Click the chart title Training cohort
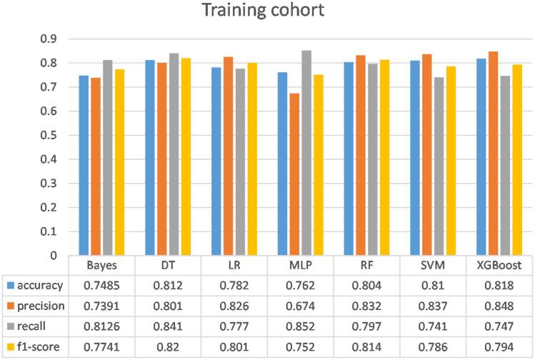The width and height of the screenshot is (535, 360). (x=268, y=12)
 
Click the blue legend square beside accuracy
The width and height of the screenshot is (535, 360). (x=9, y=285)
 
